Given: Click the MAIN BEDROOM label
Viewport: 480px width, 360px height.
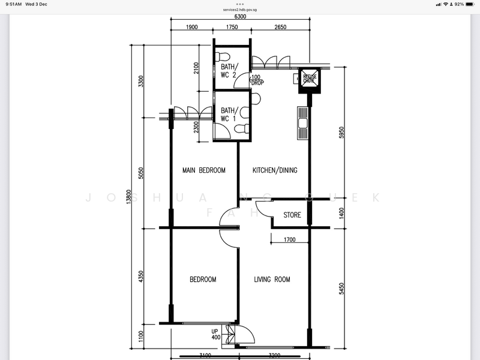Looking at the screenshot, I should coord(204,170).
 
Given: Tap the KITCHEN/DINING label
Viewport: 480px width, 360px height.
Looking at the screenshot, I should coord(275,170).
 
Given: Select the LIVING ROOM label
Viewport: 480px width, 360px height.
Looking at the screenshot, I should coord(272,280).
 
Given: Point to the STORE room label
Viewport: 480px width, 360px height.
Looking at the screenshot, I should coord(292,215).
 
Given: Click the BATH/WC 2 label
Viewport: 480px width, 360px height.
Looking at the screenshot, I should coord(229,70).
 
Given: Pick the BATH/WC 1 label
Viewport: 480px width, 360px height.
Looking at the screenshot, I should coord(229,115).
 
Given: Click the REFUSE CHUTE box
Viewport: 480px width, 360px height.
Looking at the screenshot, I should coord(310,79).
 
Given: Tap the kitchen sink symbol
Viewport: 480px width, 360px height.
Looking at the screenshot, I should coord(302,122).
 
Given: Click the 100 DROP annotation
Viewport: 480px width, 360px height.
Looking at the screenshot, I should coord(256,80).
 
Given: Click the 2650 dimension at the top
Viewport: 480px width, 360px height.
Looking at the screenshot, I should coord(280,27).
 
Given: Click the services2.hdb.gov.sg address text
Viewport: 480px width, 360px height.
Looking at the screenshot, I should coord(239,10).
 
